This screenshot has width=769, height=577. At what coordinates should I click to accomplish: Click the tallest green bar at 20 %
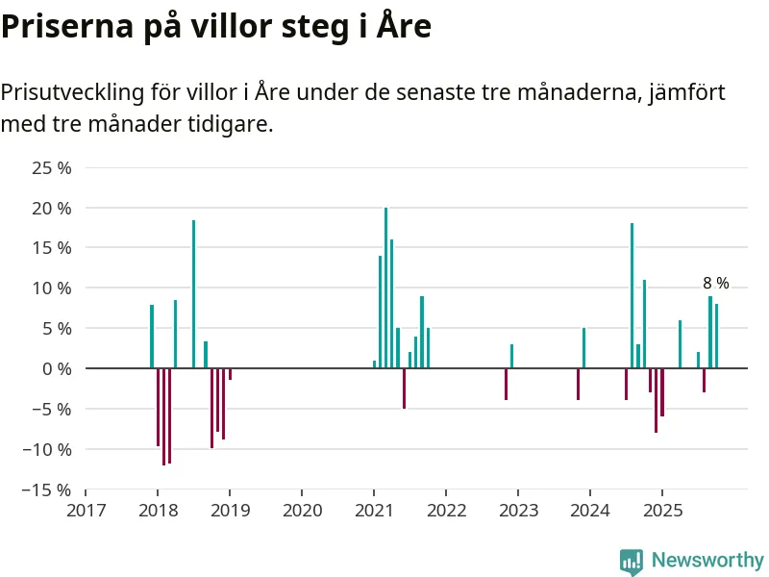coord(385,288)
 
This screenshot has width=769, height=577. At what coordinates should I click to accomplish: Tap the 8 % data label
coord(715,284)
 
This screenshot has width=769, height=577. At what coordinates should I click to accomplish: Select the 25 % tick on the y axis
coord(52,168)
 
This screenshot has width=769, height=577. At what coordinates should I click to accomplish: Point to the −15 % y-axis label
coord(48,489)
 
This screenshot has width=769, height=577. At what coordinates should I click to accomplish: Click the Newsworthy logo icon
coord(631,562)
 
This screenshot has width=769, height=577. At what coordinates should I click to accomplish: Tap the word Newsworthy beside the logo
coord(707,561)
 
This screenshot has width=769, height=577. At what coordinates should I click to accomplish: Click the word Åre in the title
coord(406,27)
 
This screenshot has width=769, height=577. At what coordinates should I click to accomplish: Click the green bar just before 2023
coord(511,356)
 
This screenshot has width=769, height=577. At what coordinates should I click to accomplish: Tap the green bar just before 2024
coord(583,348)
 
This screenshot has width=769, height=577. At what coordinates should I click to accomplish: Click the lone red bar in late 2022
coord(506,384)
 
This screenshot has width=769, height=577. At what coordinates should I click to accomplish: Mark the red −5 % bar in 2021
coord(404,389)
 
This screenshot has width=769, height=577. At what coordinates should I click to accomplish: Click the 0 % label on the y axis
coord(59,368)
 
